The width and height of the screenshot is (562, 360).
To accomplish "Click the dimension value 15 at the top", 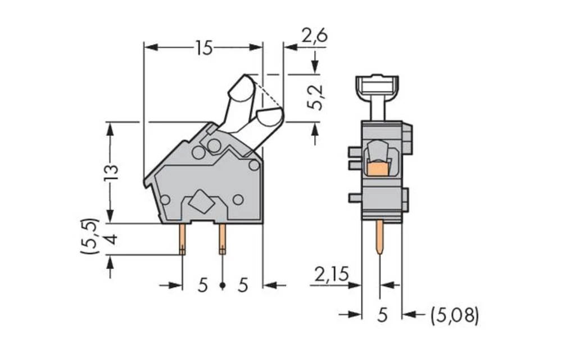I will pyautogui.click(x=204, y=48).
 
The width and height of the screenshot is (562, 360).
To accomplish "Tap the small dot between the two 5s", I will pyautogui.click(x=223, y=286).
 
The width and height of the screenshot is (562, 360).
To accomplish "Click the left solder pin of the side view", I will pyautogui.click(x=182, y=239).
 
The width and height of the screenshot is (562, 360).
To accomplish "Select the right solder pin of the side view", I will pyautogui.click(x=222, y=239).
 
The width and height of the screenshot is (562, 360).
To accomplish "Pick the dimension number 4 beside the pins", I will pyautogui.click(x=111, y=239).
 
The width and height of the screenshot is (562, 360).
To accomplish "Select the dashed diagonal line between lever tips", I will pyautogui.click(x=269, y=94).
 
